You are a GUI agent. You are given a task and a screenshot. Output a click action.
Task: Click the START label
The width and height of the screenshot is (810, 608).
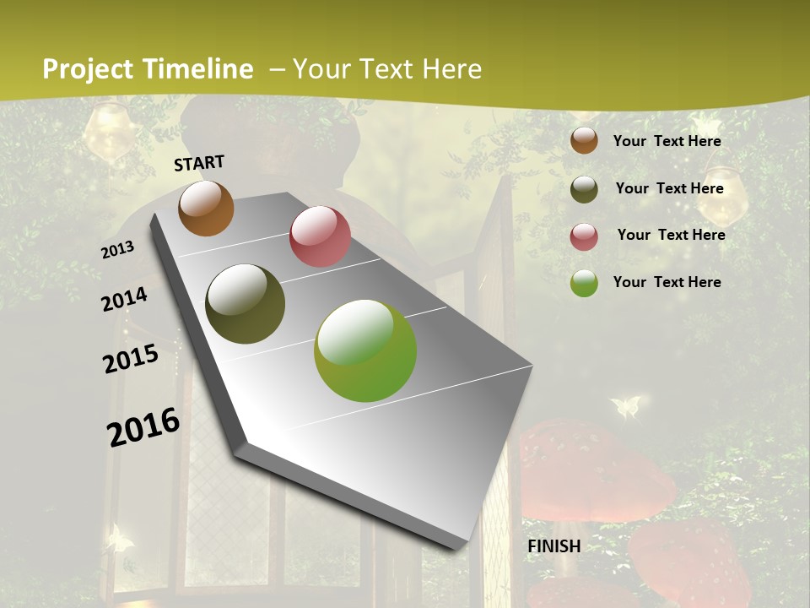[x=199, y=162]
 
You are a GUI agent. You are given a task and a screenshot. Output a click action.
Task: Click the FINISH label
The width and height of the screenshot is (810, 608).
[x=554, y=546]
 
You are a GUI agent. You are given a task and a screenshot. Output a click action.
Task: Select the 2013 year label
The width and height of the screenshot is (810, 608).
[x=118, y=249]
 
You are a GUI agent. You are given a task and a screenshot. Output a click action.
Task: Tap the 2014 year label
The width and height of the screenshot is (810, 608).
[x=125, y=299]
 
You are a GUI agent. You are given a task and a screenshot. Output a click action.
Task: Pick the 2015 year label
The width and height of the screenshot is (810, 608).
[x=131, y=358]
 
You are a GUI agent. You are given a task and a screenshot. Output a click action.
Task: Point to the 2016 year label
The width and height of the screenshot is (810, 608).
[x=143, y=426]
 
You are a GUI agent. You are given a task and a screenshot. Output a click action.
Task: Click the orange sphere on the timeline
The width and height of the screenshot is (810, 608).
[x=206, y=208]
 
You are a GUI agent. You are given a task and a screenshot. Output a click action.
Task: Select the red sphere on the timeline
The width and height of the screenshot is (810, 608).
[x=320, y=236]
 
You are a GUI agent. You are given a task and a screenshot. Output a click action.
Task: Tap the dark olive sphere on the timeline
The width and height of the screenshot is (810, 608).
[x=246, y=304]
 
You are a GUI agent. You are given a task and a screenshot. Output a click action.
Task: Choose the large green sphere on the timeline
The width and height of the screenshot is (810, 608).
[x=365, y=350]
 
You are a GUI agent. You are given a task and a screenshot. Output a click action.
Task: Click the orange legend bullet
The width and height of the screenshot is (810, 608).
[x=584, y=140]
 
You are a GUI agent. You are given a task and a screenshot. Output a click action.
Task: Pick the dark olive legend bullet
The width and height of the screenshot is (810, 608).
[x=584, y=189]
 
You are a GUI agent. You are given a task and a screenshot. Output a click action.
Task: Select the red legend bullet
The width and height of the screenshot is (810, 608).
[x=584, y=236]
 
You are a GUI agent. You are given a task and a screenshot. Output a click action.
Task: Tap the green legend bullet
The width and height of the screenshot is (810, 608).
[x=584, y=283]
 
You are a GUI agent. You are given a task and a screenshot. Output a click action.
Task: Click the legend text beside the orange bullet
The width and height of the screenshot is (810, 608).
[x=667, y=141]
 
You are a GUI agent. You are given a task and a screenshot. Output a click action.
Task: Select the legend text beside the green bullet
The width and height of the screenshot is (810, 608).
[x=667, y=282]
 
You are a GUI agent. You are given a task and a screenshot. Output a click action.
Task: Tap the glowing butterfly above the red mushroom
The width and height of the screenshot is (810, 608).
[x=625, y=407]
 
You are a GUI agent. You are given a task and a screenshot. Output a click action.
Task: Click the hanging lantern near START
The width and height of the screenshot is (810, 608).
[x=110, y=131]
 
